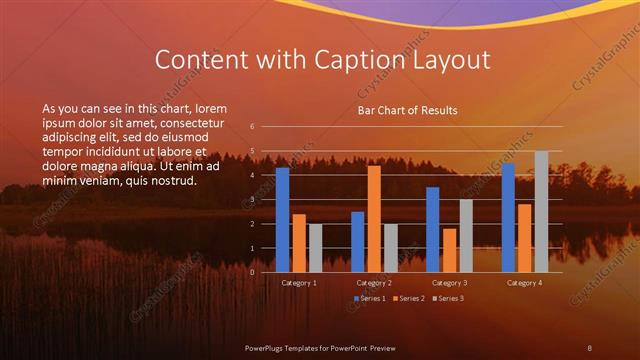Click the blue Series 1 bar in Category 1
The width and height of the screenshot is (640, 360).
tap(283, 220)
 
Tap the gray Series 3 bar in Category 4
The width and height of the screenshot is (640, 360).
tap(541, 212)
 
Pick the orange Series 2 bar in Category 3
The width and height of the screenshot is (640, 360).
tap(449, 250)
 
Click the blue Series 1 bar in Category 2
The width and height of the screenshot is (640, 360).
tap(358, 242)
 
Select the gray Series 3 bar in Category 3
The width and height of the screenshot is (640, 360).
tap(466, 236)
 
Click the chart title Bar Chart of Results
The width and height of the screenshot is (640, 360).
tap(407, 111)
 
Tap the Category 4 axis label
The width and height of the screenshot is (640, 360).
tap(524, 283)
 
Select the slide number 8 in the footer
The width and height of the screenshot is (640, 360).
tap(590, 346)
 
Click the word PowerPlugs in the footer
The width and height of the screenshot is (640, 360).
tap(270, 346)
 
